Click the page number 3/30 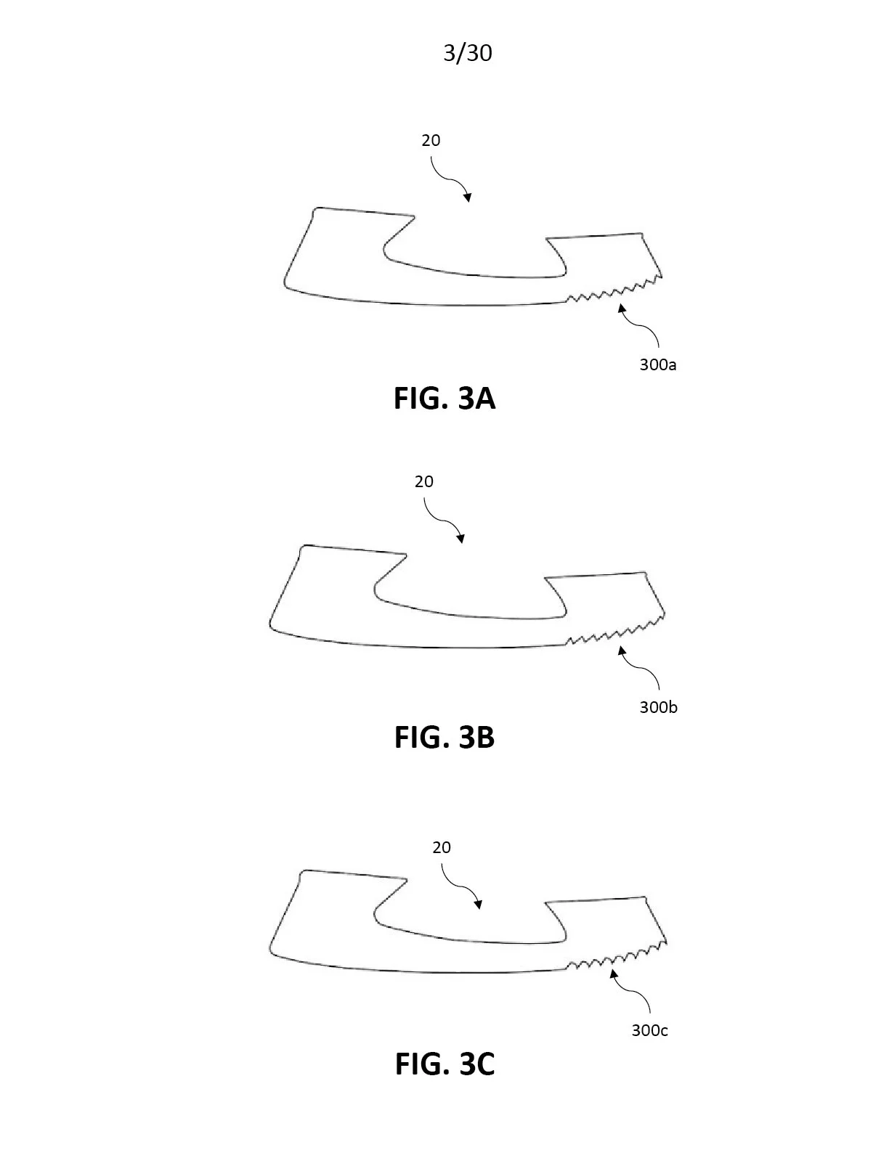pos(468,53)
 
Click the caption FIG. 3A pos(444,399)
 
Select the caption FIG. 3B pos(444,738)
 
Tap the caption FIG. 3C pos(444,1064)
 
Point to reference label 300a pos(657,365)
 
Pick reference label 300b pos(658,706)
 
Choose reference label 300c pos(649,1030)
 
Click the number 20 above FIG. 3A pos(431,140)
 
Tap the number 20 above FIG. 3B pos(424,481)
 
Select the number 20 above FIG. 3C pos(442,847)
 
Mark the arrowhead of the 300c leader pos(614,974)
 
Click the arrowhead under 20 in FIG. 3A pos(467,197)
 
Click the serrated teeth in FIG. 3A pos(614,292)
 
